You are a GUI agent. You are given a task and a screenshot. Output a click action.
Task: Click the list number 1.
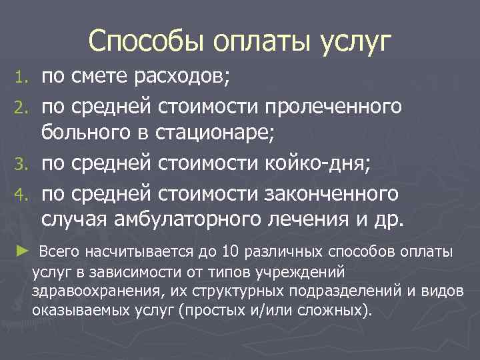(23, 81)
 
